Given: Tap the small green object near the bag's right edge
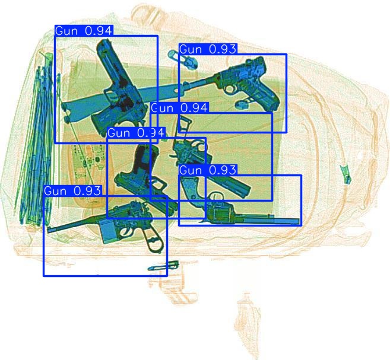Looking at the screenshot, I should tap(344, 173).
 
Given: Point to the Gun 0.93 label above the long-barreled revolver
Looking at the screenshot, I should tap(208, 170).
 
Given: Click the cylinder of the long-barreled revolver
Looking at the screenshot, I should tap(220, 211).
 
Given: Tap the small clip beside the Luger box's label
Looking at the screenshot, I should tap(173, 55).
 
